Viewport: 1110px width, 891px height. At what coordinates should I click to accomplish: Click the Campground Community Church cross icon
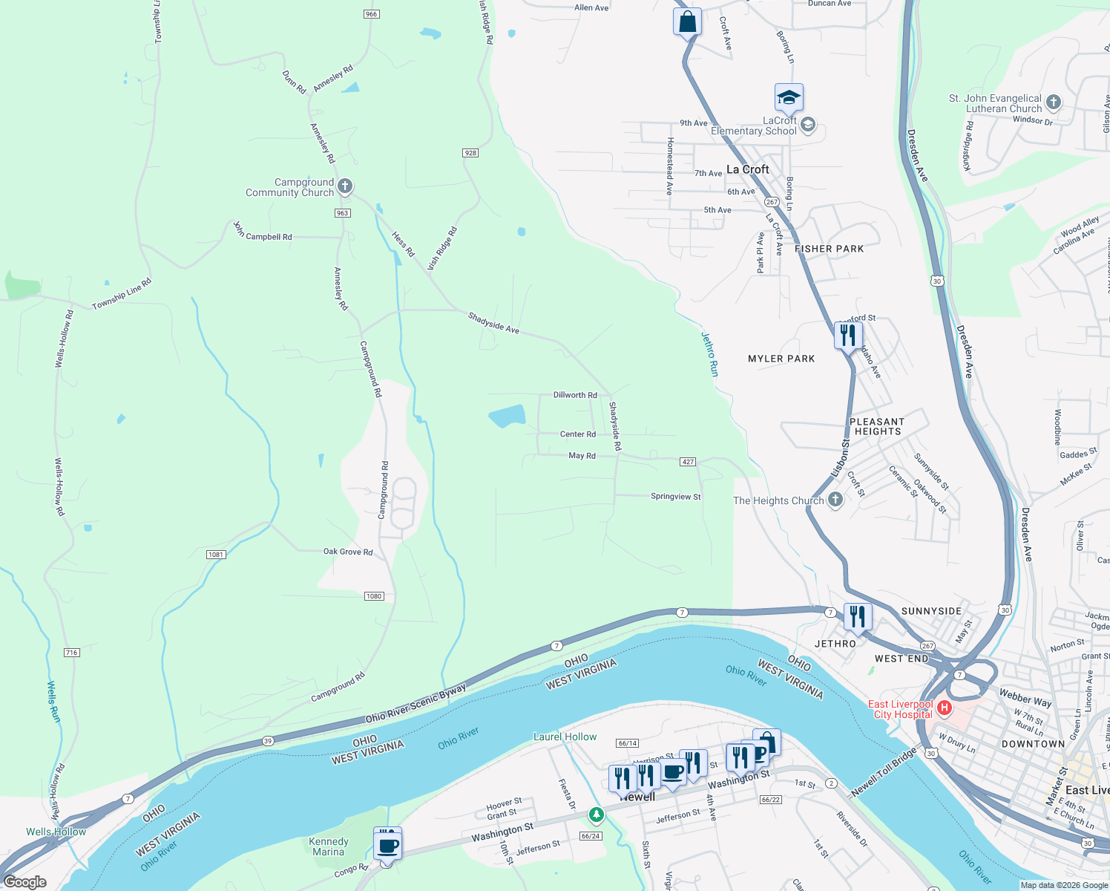click(x=344, y=186)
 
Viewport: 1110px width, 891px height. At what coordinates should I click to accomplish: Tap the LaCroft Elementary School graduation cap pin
click(x=789, y=98)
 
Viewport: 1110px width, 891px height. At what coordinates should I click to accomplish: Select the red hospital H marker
click(x=945, y=708)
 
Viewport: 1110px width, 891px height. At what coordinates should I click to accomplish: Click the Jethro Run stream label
click(x=710, y=353)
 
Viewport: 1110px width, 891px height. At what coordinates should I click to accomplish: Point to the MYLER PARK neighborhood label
click(x=781, y=359)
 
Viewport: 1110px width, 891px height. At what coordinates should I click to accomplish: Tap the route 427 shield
click(x=688, y=462)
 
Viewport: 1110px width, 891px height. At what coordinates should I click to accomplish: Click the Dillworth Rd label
click(x=575, y=395)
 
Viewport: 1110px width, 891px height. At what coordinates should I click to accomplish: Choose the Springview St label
click(x=675, y=497)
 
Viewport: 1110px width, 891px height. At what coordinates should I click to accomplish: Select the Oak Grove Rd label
click(x=348, y=552)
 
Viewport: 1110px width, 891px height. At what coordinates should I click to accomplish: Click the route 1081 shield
click(x=216, y=555)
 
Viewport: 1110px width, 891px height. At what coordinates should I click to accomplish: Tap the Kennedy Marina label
click(x=329, y=846)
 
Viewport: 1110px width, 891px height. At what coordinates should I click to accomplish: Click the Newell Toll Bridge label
click(x=884, y=773)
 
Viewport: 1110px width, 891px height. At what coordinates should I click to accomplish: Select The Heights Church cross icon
click(x=835, y=500)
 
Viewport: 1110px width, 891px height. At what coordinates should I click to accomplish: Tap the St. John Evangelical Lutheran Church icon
click(x=1054, y=102)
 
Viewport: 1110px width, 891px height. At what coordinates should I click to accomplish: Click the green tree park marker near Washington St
click(x=596, y=815)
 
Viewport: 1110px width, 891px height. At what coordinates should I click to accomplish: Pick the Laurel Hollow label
click(x=565, y=737)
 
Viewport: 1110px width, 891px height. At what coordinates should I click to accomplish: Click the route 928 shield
click(x=470, y=153)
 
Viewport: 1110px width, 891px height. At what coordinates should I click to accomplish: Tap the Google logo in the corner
click(x=25, y=882)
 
